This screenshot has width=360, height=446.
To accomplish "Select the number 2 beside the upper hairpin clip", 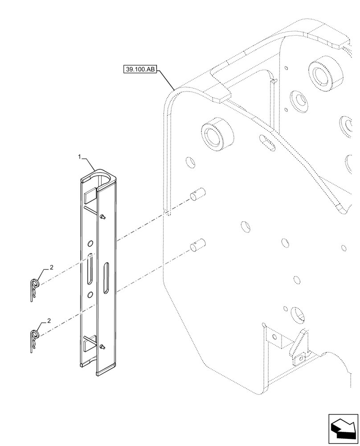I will click(52, 267).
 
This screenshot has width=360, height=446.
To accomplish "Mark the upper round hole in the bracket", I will click(90, 243).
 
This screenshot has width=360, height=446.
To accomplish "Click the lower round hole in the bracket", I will click(90, 295).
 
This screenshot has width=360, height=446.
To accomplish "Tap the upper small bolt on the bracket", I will click(103, 217).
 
